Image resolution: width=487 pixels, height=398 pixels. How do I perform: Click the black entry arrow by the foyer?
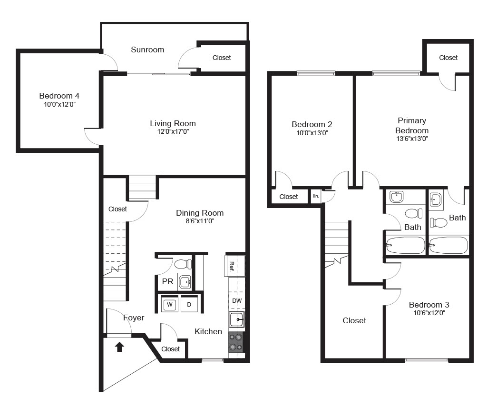point(119,347)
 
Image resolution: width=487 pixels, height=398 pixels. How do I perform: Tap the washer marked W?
point(170,304)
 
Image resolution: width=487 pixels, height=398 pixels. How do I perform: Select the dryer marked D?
point(189,304)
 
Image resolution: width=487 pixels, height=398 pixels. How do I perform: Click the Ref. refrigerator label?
point(232,266)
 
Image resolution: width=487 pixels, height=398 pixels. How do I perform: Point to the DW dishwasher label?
point(237,301)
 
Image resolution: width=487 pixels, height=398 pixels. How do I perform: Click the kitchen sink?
point(237,319)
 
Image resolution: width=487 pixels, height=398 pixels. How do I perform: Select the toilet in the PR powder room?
point(183,264)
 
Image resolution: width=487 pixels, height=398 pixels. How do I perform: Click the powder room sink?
point(185,281)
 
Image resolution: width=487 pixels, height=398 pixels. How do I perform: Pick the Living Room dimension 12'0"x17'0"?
point(173,131)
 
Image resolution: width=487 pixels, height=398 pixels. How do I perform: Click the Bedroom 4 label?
point(59,96)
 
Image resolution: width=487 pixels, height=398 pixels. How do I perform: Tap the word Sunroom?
point(147,50)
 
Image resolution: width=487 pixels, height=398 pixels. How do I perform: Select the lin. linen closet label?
point(316,196)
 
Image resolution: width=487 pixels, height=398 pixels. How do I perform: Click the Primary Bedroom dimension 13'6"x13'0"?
point(412,139)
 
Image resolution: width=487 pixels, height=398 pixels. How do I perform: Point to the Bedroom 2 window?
point(316,73)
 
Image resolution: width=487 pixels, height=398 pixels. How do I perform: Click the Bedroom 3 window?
point(427,360)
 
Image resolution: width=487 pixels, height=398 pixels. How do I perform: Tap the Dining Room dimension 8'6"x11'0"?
point(200,221)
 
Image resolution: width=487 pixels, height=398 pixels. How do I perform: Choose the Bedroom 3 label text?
point(429,305)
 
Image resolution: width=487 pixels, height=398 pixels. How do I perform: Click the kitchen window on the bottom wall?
point(213,360)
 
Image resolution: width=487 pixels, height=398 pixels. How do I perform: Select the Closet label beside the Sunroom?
point(222,58)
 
